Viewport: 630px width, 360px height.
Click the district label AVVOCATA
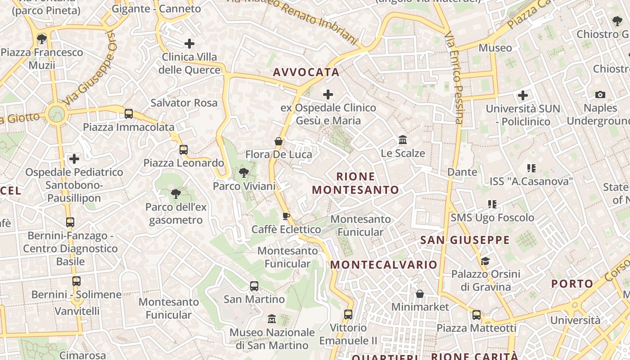click(x=306, y=72)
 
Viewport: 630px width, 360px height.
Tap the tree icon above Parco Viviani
click(x=244, y=172)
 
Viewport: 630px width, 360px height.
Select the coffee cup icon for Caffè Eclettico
click(x=286, y=216)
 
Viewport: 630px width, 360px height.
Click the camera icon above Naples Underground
click(x=600, y=94)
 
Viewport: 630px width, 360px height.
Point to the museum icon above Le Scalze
click(x=403, y=139)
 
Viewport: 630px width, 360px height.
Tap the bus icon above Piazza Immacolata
click(x=129, y=113)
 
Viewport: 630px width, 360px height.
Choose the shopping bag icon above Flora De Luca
click(x=279, y=141)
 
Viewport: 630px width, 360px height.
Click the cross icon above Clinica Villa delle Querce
click(x=189, y=44)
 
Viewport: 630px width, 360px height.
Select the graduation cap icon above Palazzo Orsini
click(x=485, y=261)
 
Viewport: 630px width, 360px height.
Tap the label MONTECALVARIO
click(x=384, y=265)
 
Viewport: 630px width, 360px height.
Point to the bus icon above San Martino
click(x=254, y=286)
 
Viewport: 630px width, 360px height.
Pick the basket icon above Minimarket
click(x=420, y=294)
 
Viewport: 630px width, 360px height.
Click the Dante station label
click(x=462, y=172)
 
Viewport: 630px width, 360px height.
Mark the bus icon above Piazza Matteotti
click(x=477, y=315)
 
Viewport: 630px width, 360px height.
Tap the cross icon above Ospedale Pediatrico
click(x=74, y=158)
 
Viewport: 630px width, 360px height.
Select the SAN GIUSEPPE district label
click(x=465, y=240)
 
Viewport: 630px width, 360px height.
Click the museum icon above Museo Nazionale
click(x=272, y=319)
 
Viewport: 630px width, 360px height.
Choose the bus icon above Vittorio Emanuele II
click(x=348, y=314)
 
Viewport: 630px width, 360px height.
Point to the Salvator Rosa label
click(x=184, y=103)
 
